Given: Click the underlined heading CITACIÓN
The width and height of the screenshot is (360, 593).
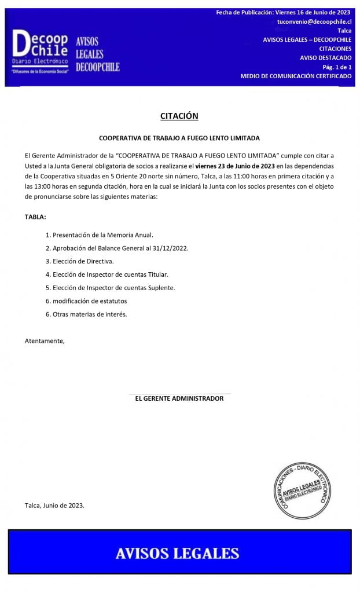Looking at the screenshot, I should click(x=179, y=116).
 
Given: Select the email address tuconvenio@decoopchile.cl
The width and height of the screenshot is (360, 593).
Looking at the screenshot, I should click(x=314, y=21).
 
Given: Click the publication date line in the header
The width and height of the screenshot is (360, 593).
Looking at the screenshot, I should click(x=283, y=12).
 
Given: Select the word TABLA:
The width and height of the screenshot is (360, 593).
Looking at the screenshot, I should click(x=35, y=217).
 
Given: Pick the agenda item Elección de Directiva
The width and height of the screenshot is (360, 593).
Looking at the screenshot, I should click(x=83, y=261).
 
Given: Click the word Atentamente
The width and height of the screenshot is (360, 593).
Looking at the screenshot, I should click(x=45, y=341).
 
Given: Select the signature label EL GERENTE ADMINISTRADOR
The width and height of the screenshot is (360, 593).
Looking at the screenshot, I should click(x=179, y=398).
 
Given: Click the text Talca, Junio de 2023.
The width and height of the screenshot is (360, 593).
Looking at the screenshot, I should click(x=54, y=506).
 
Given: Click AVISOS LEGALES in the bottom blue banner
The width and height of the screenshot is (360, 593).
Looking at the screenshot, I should click(x=177, y=553).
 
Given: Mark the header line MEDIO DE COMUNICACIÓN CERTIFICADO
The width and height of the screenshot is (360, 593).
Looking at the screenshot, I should click(x=296, y=76).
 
